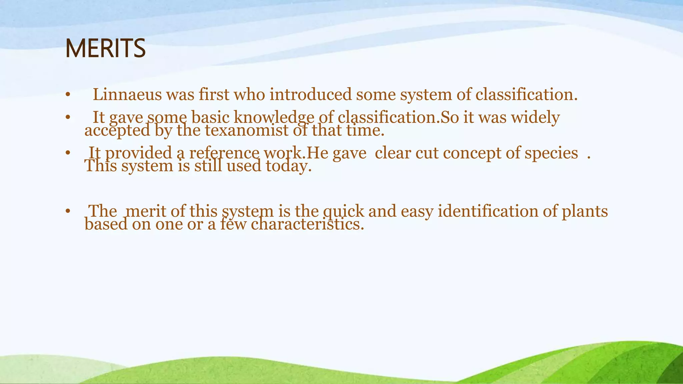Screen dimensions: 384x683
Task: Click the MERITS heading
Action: [x=105, y=49]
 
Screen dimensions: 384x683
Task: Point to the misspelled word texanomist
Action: [x=246, y=130]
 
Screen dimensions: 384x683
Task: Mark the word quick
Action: [x=344, y=211]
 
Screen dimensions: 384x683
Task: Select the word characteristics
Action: [x=307, y=224]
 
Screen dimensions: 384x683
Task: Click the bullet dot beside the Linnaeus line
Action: [x=68, y=95]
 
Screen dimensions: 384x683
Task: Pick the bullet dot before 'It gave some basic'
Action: [x=68, y=117]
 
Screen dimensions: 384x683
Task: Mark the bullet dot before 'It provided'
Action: [x=68, y=153]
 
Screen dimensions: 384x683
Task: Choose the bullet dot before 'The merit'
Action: [x=68, y=211]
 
